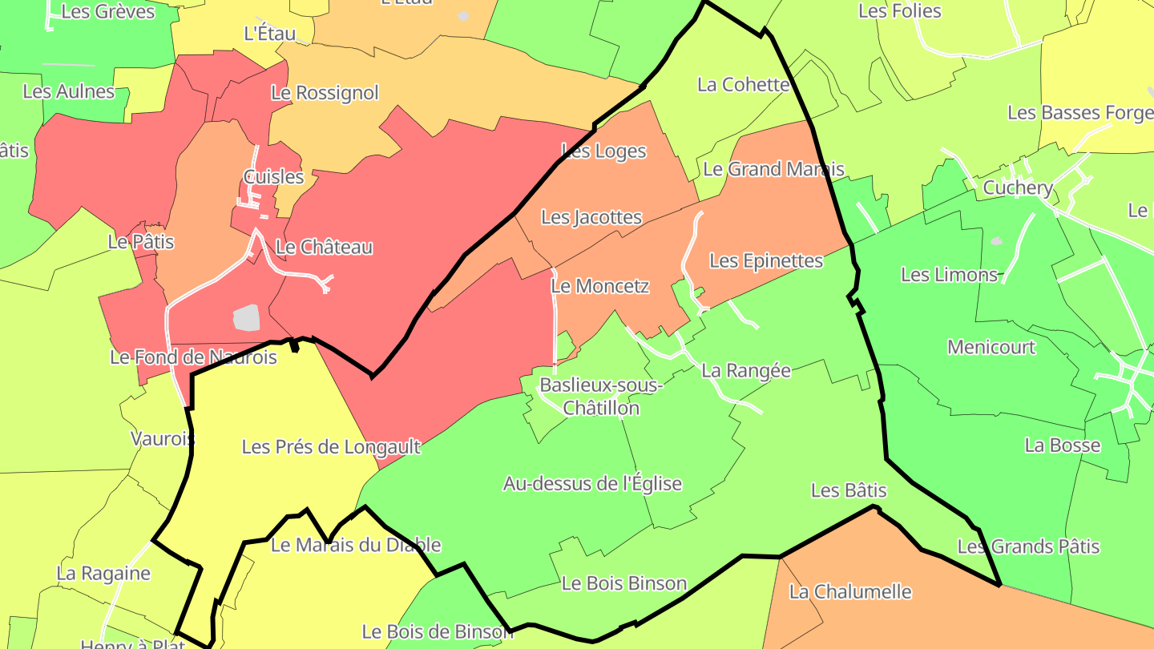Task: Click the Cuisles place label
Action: pyautogui.click(x=273, y=177)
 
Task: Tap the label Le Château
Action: pyautogui.click(x=324, y=247)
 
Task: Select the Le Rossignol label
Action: pyautogui.click(x=325, y=93)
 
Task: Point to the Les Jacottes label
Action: pyautogui.click(x=591, y=217)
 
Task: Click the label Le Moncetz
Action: pyautogui.click(x=600, y=286)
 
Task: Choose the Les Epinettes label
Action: pyautogui.click(x=766, y=261)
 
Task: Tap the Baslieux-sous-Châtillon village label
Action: pyautogui.click(x=601, y=397)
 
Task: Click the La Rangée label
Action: pyautogui.click(x=746, y=371)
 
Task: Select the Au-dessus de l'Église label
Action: pyautogui.click(x=592, y=484)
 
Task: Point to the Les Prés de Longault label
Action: pyautogui.click(x=331, y=447)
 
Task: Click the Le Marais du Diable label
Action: pyautogui.click(x=356, y=546)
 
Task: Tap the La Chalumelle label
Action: pyautogui.click(x=850, y=592)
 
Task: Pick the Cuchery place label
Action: pyautogui.click(x=1018, y=188)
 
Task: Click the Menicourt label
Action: pyautogui.click(x=991, y=348)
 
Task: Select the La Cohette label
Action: pyautogui.click(x=744, y=85)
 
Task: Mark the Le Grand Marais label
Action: pyautogui.click(x=773, y=169)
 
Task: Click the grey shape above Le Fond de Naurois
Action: pyautogui.click(x=248, y=317)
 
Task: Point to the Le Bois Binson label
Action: pyautogui.click(x=624, y=583)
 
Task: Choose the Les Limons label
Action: pyautogui.click(x=950, y=275)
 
